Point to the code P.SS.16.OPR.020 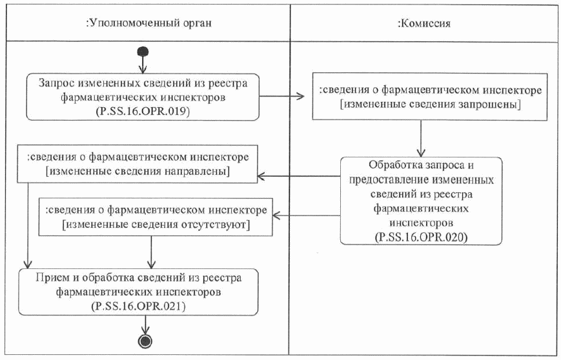click(421, 237)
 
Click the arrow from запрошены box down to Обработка click(421, 137)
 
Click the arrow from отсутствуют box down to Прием click(151, 252)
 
